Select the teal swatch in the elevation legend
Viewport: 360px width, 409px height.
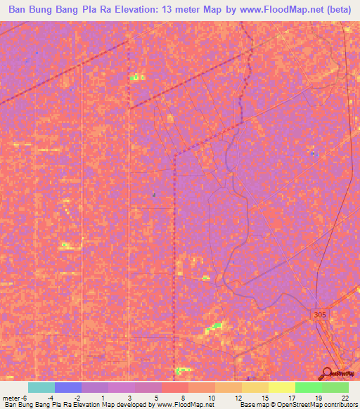pyautogui.click(x=41, y=387)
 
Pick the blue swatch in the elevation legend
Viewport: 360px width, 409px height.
pyautogui.click(x=68, y=387)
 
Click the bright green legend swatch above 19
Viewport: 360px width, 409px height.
pyautogui.click(x=309, y=387)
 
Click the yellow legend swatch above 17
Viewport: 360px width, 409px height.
pyautogui.click(x=282, y=387)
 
